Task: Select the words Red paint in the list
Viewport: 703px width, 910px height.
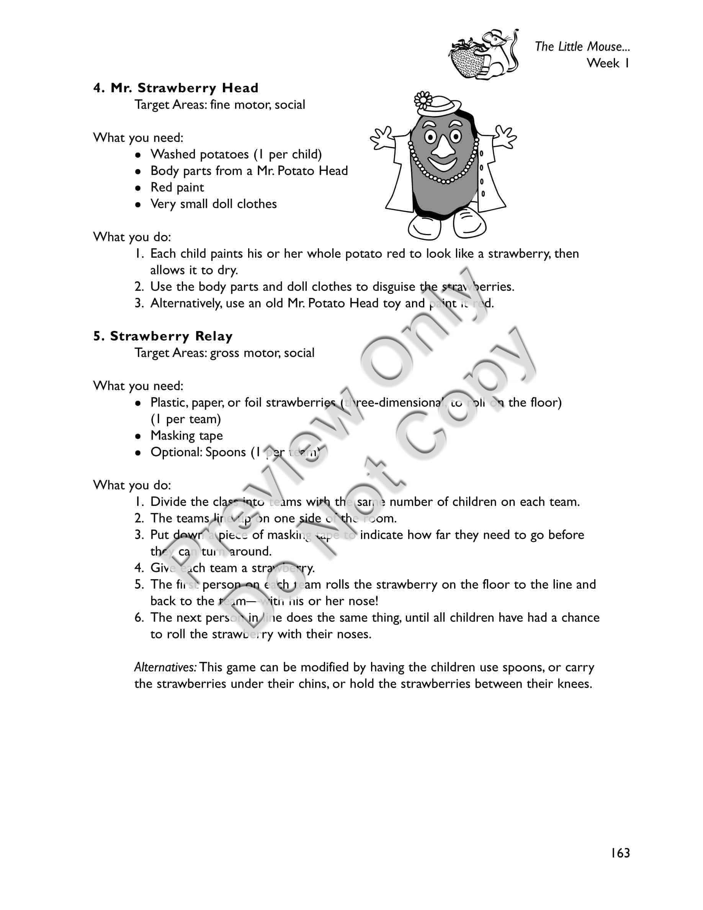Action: pos(177,188)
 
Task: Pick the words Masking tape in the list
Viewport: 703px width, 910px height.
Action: pos(186,435)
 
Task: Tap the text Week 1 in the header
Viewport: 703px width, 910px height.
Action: pos(608,63)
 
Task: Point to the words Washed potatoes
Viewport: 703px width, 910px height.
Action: pos(199,154)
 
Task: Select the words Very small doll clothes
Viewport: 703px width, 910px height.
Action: pos(213,204)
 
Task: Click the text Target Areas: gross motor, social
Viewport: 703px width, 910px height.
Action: pos(224,353)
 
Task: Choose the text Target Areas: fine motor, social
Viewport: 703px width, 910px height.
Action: pos(219,105)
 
